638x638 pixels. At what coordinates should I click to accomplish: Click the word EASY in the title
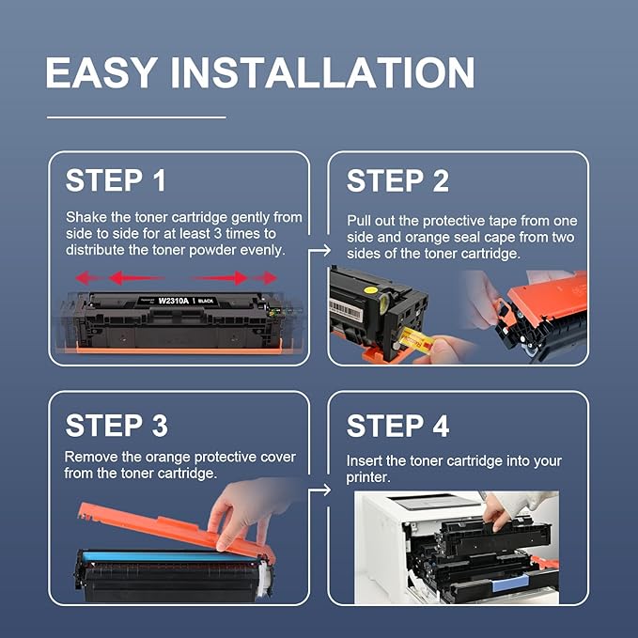pos(100,73)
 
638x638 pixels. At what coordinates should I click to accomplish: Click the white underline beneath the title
pos(136,117)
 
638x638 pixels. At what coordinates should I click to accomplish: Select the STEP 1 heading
pos(117,180)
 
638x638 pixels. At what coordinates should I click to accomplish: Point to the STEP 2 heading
pos(397,180)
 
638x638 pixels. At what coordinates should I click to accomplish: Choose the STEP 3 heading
pos(117,425)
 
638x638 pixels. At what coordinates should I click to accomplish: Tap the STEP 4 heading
pos(397,425)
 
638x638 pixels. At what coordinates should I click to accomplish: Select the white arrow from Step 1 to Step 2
pos(320,250)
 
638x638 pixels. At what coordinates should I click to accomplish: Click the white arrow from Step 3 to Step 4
pos(320,490)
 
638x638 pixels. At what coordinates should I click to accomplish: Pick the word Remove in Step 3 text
pos(90,457)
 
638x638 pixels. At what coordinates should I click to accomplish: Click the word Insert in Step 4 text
pos(365,461)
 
